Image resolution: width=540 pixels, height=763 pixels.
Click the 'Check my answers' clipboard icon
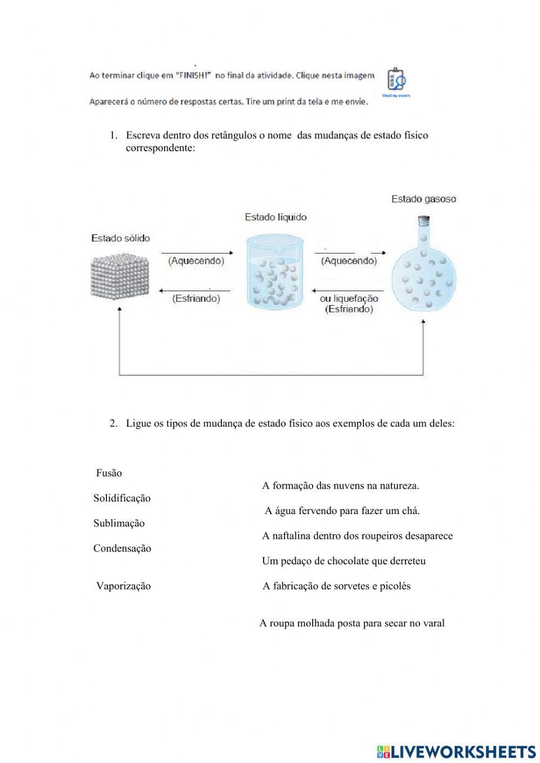(x=396, y=81)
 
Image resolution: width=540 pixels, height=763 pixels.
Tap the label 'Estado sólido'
(x=120, y=238)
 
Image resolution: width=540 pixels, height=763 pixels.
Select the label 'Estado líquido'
(x=275, y=217)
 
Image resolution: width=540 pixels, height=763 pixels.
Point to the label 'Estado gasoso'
(x=423, y=199)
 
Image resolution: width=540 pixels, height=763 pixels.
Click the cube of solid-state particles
(x=119, y=275)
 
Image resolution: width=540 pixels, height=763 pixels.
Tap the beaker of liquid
(x=274, y=273)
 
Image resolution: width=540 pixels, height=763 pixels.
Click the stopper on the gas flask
(x=424, y=220)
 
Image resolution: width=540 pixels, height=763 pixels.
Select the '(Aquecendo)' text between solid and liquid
(x=196, y=261)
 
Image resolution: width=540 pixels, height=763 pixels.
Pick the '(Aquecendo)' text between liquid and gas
(x=349, y=261)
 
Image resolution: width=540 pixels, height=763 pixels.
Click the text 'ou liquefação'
(x=349, y=299)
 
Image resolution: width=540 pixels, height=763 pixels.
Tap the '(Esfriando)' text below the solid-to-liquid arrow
(x=196, y=299)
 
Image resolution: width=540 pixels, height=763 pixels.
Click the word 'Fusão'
(x=109, y=473)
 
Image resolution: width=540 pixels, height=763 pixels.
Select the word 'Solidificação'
(x=122, y=498)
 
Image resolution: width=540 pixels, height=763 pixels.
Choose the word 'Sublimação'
(x=119, y=523)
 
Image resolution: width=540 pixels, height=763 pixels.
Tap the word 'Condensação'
(x=122, y=549)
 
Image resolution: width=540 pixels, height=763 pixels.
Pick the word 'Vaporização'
(x=123, y=586)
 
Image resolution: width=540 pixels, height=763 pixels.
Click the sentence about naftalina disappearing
(x=357, y=536)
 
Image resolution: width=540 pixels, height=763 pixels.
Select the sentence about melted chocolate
(x=343, y=561)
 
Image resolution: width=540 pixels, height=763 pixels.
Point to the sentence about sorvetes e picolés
(x=336, y=586)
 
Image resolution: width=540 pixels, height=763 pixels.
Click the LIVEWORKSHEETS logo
(x=456, y=751)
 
